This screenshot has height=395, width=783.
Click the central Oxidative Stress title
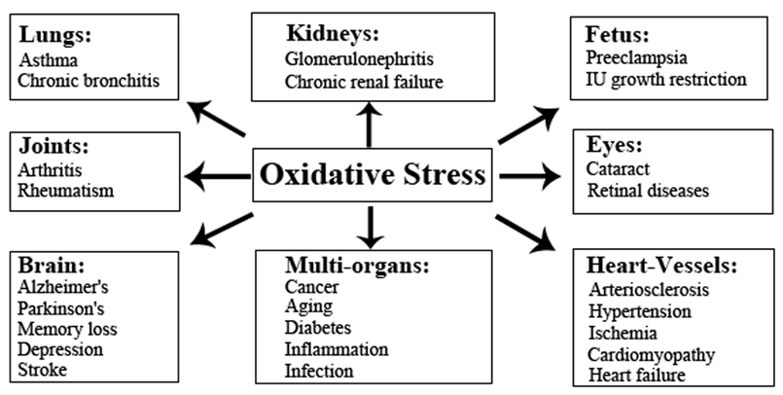[373, 175]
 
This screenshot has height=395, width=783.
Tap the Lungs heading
[55, 36]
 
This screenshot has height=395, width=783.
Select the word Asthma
[49, 60]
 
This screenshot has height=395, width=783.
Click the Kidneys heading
[333, 34]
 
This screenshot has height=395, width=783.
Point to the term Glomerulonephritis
[359, 58]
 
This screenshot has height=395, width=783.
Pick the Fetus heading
[618, 34]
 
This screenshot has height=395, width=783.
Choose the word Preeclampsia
[637, 58]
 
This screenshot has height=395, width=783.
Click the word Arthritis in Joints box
[50, 170]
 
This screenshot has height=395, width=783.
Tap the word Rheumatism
[66, 191]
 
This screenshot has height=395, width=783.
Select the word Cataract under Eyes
[619, 168]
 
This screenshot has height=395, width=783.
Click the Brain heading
[52, 266]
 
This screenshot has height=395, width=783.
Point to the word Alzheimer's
[63, 287]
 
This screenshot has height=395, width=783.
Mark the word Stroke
[42, 370]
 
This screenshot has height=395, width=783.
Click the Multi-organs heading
[357, 266]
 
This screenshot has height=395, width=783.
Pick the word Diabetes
[318, 328]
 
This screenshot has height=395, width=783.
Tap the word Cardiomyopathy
[651, 355]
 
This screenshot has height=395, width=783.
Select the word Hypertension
[640, 311]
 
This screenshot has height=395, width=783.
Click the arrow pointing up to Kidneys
[369, 125]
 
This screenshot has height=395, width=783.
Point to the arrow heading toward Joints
[218, 176]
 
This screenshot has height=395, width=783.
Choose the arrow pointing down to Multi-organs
[370, 228]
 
